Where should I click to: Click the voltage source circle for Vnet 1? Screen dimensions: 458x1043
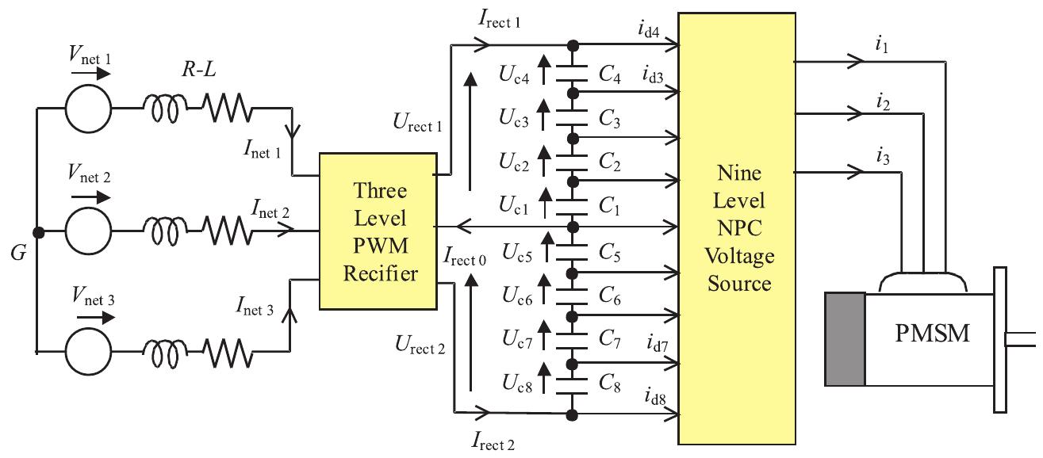[x=88, y=109]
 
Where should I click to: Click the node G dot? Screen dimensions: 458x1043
[x=37, y=232]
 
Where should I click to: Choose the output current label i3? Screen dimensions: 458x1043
[x=882, y=156]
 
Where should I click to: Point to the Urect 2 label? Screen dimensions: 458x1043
[x=420, y=345]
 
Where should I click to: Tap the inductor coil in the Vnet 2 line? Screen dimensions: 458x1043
[x=165, y=231]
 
